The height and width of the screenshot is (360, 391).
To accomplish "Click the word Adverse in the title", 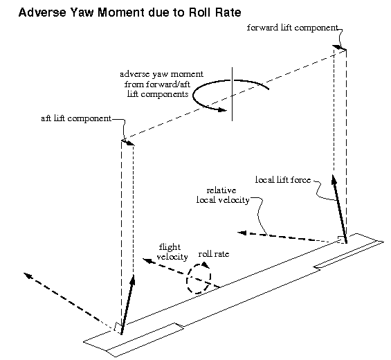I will pos(42,12).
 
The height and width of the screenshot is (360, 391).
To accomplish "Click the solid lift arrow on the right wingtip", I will pos(339,205).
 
